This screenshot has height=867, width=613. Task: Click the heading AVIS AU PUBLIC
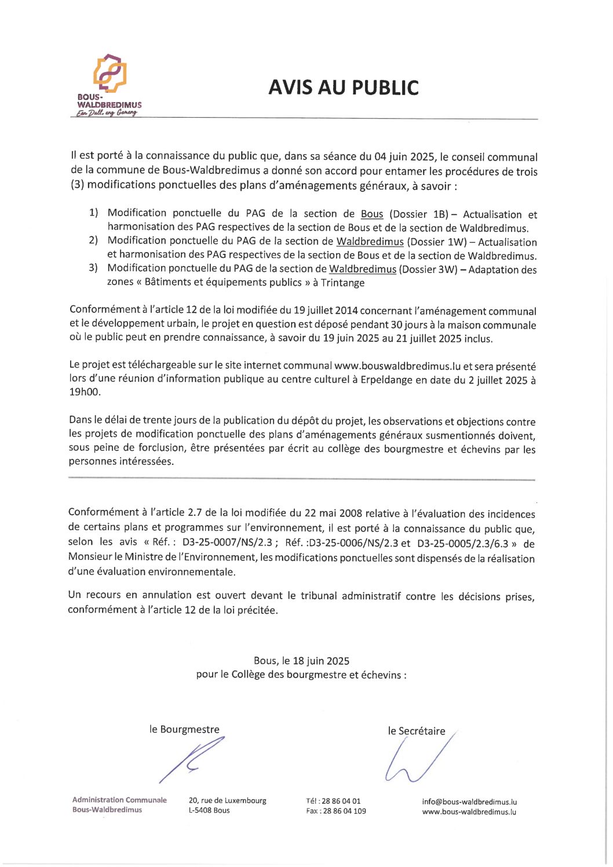(343, 88)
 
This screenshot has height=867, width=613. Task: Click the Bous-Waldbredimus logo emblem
(110, 74)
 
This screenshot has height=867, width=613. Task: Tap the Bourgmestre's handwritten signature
(191, 760)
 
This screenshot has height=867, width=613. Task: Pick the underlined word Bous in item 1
(372, 214)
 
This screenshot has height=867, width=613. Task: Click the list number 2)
(93, 241)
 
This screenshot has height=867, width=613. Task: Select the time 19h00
(85, 392)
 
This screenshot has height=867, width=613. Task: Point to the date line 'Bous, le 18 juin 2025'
(301, 661)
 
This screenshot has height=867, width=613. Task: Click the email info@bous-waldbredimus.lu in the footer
(469, 802)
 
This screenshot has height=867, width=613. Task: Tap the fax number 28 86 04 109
(344, 811)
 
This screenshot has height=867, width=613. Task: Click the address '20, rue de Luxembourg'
(227, 800)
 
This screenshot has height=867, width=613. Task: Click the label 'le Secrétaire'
(416, 731)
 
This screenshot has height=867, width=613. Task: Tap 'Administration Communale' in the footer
(119, 800)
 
